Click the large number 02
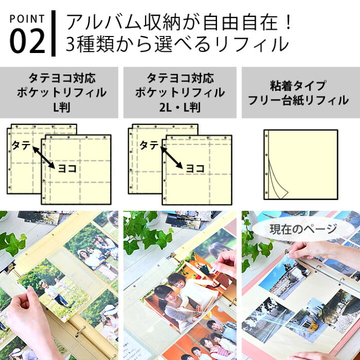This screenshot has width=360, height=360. click(x=27, y=41)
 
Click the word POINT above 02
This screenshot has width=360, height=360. click(x=27, y=19)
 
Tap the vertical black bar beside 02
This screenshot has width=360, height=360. click(x=53, y=33)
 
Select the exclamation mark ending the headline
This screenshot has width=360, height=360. click(x=288, y=22)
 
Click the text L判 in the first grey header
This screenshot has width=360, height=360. click(x=61, y=107)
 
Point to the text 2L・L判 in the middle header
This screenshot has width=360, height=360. click(x=180, y=107)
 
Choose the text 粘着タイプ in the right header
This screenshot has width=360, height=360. click(x=298, y=86)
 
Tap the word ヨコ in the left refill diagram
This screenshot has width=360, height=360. click(x=67, y=169)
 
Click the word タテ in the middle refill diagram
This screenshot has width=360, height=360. click(x=149, y=145)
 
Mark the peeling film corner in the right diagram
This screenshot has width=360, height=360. click(x=278, y=181)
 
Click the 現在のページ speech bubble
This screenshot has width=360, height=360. click(x=303, y=229)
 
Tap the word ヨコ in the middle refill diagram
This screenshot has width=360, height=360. click(x=195, y=169)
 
